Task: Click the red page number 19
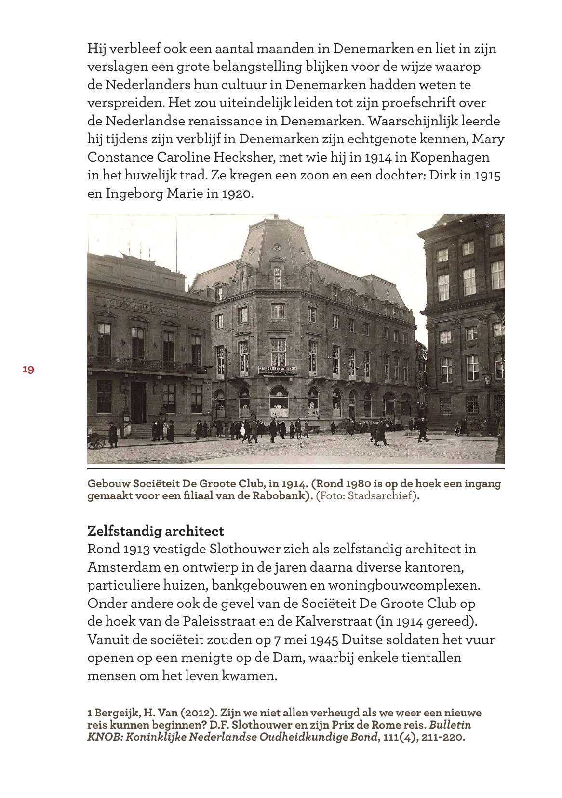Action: click(28, 370)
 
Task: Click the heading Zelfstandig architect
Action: click(155, 531)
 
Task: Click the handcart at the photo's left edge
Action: click(96, 440)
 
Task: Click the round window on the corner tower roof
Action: click(277, 247)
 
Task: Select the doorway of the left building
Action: click(137, 402)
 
